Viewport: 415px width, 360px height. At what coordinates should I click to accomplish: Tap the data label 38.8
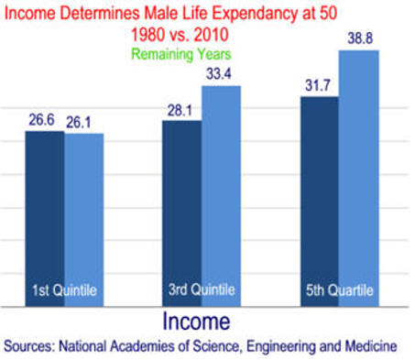click(358, 38)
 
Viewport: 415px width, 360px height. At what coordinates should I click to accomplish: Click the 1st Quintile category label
click(63, 290)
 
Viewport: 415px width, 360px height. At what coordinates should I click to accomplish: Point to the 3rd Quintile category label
click(202, 290)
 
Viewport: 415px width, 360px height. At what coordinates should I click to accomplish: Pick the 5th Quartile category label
click(339, 290)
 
